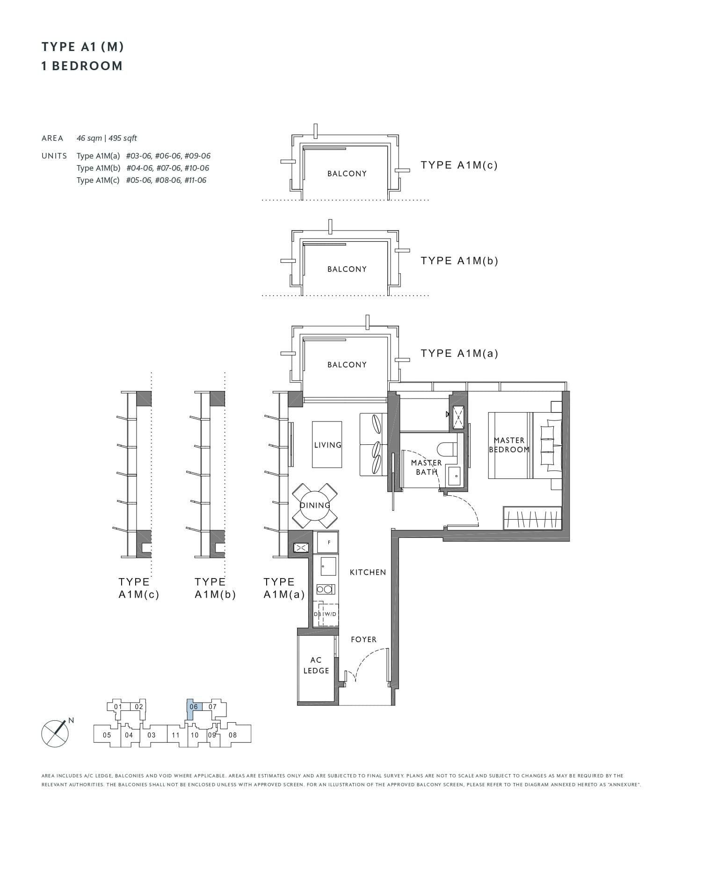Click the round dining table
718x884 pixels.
(x=315, y=506)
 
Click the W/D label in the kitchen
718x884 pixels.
(x=330, y=614)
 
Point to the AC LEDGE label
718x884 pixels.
(x=316, y=665)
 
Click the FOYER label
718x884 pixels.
(x=363, y=639)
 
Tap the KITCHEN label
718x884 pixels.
(x=368, y=572)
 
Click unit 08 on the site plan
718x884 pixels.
(x=232, y=735)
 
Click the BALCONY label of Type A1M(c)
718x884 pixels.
(x=347, y=174)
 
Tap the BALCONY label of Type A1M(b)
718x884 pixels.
(x=347, y=269)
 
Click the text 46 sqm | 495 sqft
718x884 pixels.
(x=107, y=138)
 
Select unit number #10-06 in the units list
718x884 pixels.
(x=196, y=168)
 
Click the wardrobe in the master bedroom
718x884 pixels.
(x=532, y=518)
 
